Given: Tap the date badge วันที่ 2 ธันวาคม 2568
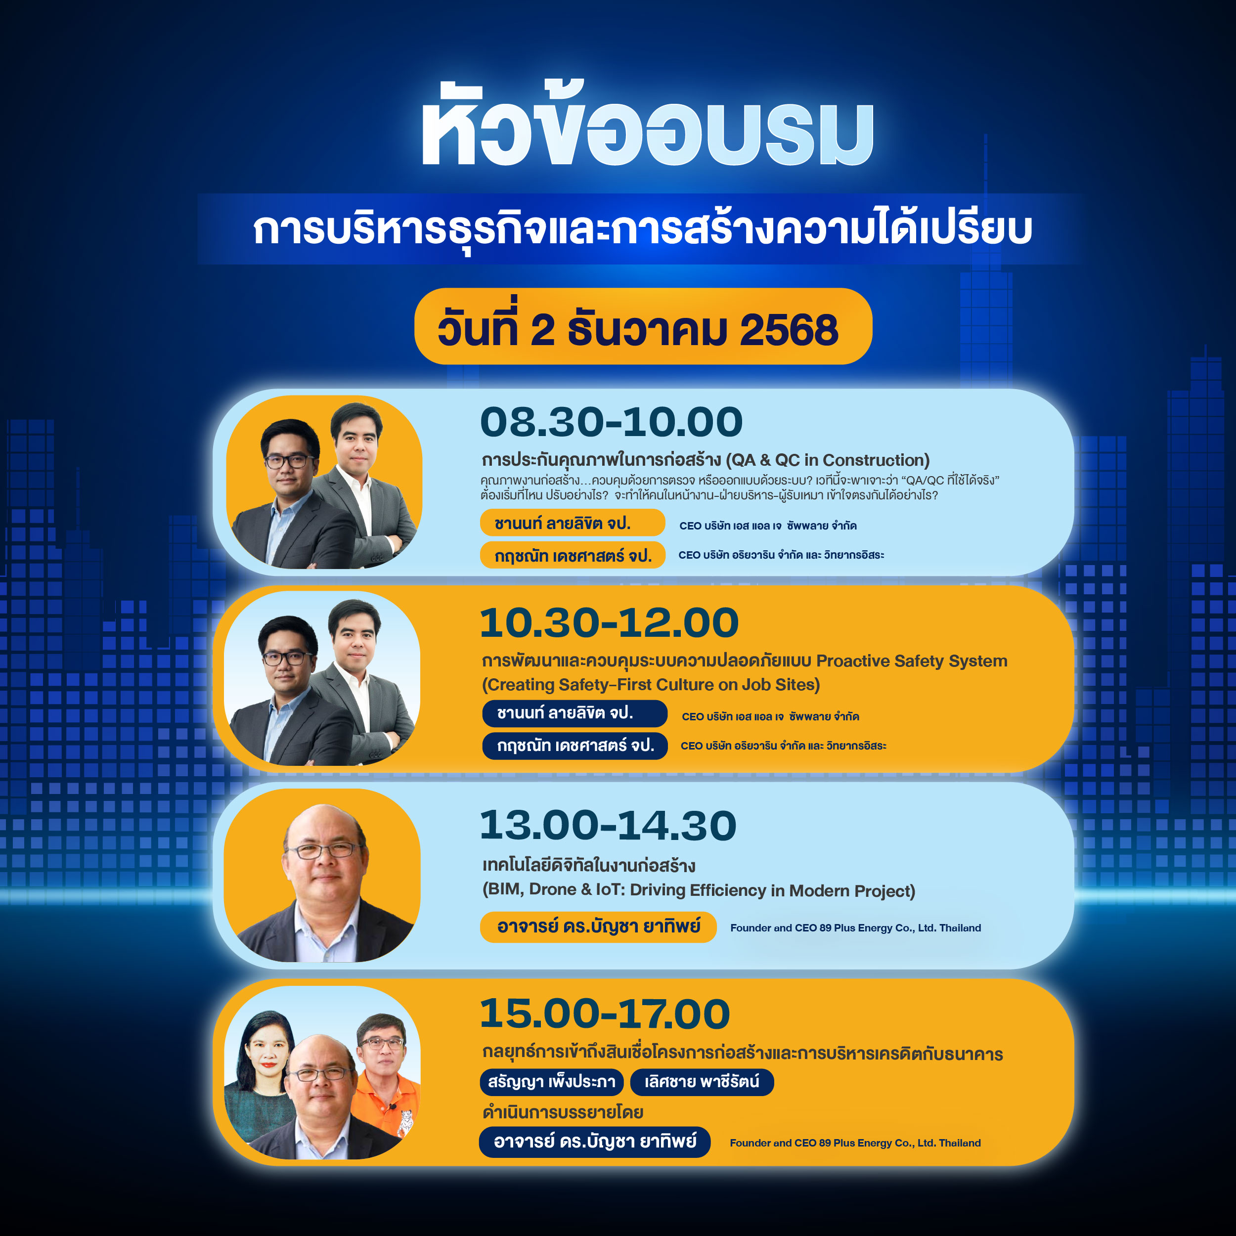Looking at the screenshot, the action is point(643,326).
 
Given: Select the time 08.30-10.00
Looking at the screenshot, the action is point(612,422).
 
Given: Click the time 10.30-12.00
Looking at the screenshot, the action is point(609,622).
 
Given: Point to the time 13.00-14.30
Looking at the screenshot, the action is point(608,825).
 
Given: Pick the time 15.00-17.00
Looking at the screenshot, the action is point(605,1014).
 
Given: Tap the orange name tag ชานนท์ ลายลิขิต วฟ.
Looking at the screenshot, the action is point(573,523).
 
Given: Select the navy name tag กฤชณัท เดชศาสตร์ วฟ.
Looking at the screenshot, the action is point(575,746).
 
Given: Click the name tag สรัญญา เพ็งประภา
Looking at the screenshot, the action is point(551,1082).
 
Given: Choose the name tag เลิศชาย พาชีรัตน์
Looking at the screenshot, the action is point(702,1082).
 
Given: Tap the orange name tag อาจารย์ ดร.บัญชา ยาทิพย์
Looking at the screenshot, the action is point(598,927).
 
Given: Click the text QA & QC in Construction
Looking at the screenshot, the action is point(827,460).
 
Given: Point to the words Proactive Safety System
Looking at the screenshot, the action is point(912,661).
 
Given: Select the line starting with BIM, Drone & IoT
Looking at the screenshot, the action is point(699,890).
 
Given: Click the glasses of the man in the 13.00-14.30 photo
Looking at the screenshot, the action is point(324,850).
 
